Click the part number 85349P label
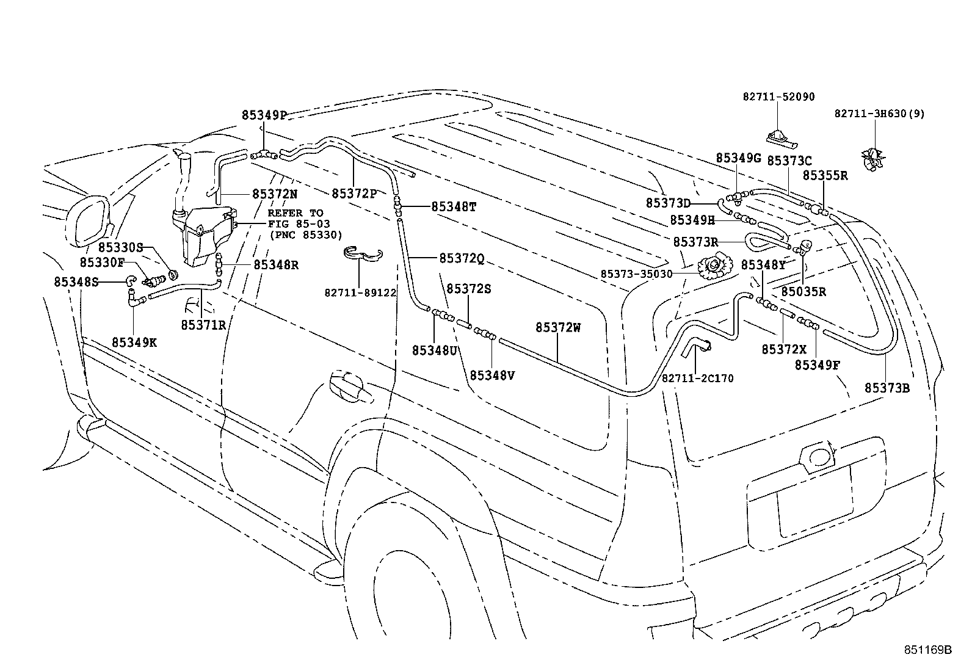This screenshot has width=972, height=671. (264, 115)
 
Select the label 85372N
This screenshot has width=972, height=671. (275, 194)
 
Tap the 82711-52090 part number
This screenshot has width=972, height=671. (778, 97)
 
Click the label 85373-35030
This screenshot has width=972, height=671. (636, 274)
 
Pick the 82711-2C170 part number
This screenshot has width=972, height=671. (697, 379)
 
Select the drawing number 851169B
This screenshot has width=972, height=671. (928, 650)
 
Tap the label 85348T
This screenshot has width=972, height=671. (454, 206)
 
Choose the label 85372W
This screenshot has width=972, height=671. (558, 327)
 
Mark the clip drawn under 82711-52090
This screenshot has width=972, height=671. (778, 139)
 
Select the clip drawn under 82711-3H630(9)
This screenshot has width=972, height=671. (873, 157)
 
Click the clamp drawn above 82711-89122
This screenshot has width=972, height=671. (361, 254)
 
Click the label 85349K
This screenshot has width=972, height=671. (134, 342)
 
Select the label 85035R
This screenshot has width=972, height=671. (803, 291)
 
